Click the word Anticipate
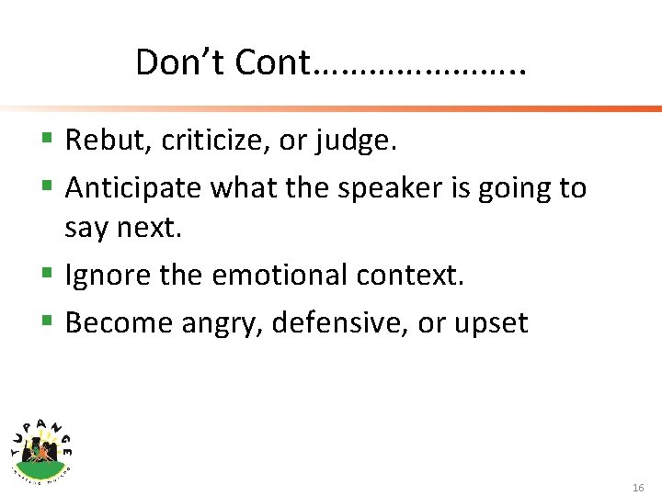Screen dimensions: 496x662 click(x=134, y=188)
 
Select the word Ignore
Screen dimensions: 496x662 click(x=108, y=275)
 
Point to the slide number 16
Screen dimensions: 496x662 click(x=638, y=487)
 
